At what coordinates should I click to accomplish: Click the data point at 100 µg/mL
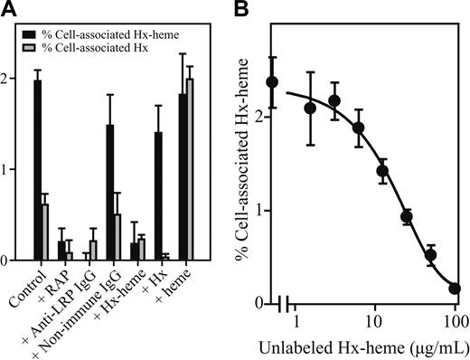pos(453,289)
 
